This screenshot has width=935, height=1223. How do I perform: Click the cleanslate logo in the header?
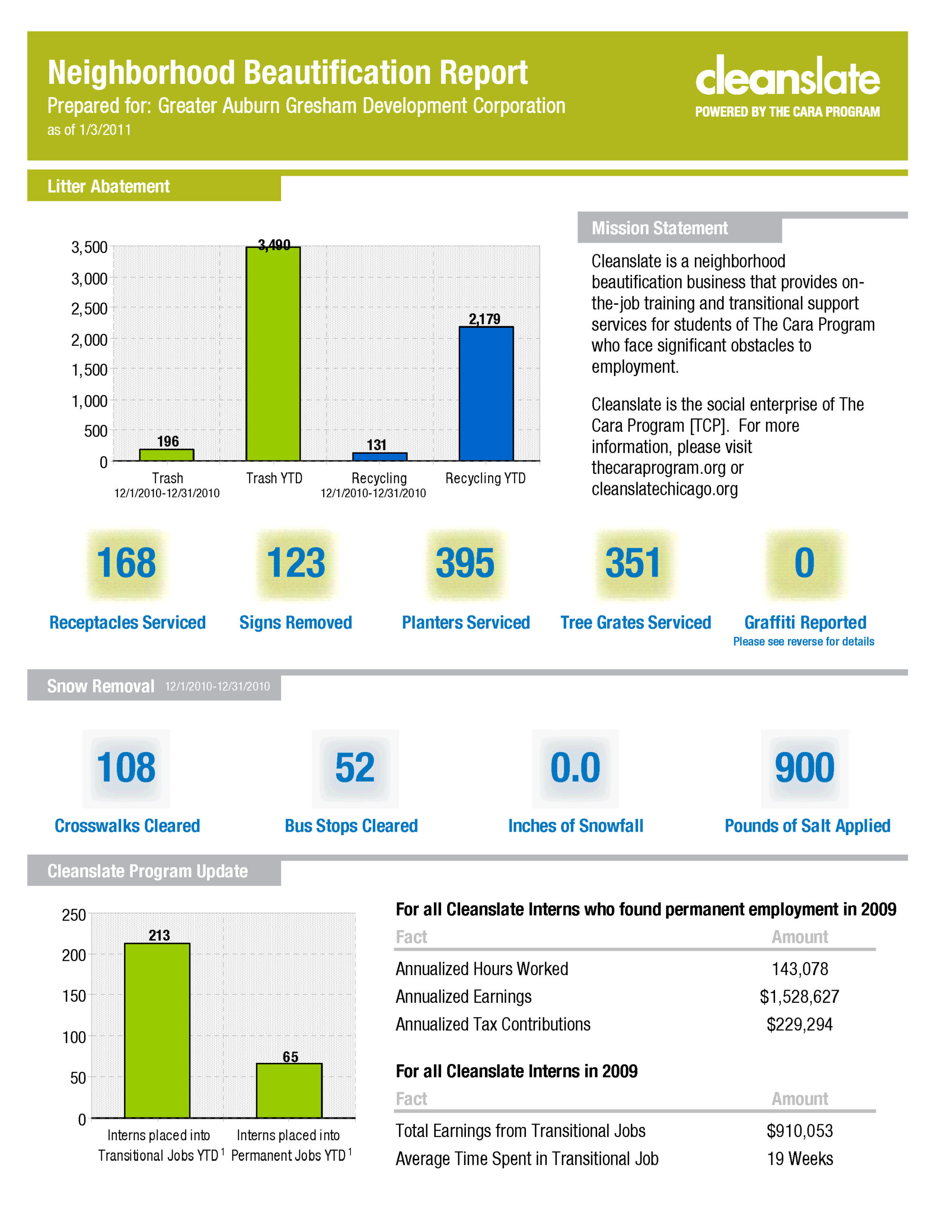click(787, 86)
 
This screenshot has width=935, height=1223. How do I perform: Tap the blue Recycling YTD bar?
click(486, 394)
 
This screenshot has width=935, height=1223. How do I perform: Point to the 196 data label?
click(168, 441)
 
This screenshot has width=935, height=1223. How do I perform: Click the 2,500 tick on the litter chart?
click(89, 309)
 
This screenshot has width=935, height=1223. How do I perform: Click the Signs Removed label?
click(295, 622)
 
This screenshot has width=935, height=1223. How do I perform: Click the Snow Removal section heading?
click(100, 686)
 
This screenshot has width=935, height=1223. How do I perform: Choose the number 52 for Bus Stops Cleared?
click(355, 767)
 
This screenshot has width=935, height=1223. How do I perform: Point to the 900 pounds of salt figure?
click(805, 767)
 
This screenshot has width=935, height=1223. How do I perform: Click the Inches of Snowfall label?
click(576, 826)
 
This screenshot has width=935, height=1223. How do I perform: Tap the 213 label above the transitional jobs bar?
click(159, 935)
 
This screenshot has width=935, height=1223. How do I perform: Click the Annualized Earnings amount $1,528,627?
click(799, 997)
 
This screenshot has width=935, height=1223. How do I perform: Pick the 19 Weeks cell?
click(800, 1159)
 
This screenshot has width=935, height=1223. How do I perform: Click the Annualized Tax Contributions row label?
click(493, 1024)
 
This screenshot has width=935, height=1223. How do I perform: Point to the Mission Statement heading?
click(660, 228)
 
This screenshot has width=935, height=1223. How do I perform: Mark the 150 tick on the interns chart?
click(74, 996)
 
